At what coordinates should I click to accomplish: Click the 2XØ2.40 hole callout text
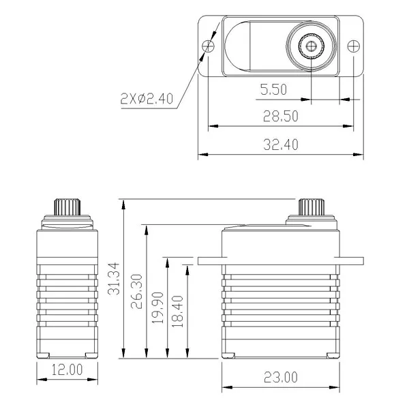147,99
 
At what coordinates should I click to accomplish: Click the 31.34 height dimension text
115,280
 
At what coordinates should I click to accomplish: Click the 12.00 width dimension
67,370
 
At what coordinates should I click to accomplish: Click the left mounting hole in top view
208,46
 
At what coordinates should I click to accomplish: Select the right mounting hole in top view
353,46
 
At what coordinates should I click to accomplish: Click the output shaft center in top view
312,46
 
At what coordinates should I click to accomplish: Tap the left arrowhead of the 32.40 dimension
202,155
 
